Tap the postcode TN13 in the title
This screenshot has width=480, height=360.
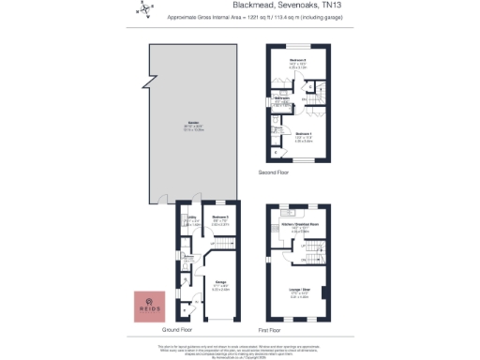tap(320, 7)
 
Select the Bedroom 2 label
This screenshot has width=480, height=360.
tap(298, 65)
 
